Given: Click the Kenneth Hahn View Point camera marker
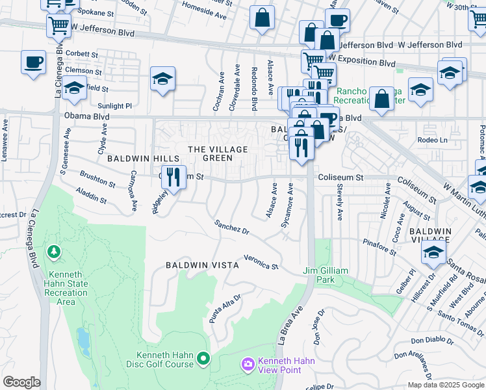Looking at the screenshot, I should click(x=247, y=365).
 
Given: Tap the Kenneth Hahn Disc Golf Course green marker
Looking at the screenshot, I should click(x=203, y=358).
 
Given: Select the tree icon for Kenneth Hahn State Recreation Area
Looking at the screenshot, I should click(x=53, y=251).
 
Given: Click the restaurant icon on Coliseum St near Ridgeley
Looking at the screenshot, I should click(x=173, y=175).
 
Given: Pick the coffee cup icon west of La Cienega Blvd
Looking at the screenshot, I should click(x=33, y=62).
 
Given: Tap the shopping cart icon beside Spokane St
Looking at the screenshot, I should click(x=58, y=26).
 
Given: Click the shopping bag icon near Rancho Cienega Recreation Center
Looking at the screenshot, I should click(x=382, y=98).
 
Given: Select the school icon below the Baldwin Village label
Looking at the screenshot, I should click(x=433, y=253).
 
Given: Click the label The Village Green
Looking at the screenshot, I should click(x=218, y=153).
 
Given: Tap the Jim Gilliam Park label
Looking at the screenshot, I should click(x=326, y=275).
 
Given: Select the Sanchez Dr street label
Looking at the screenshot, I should click(x=232, y=227).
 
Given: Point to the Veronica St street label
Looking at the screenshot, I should click(x=261, y=262).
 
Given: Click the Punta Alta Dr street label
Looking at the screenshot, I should click(x=225, y=307).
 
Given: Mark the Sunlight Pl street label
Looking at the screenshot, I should click(x=114, y=105).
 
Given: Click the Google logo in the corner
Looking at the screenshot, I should click(x=21, y=382).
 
